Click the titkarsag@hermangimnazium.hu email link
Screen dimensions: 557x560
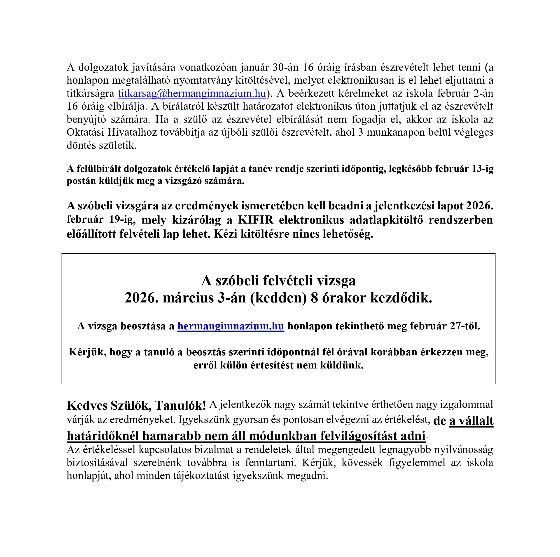pyautogui.click(x=192, y=93)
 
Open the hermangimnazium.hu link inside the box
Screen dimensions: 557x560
pyautogui.click(x=231, y=326)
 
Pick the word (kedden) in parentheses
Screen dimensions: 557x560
pyautogui.click(x=278, y=298)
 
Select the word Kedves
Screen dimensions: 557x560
pyautogui.click(x=87, y=406)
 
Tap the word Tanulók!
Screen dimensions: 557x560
pyautogui.click(x=180, y=406)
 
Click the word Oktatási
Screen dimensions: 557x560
pyautogui.click(x=85, y=132)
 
